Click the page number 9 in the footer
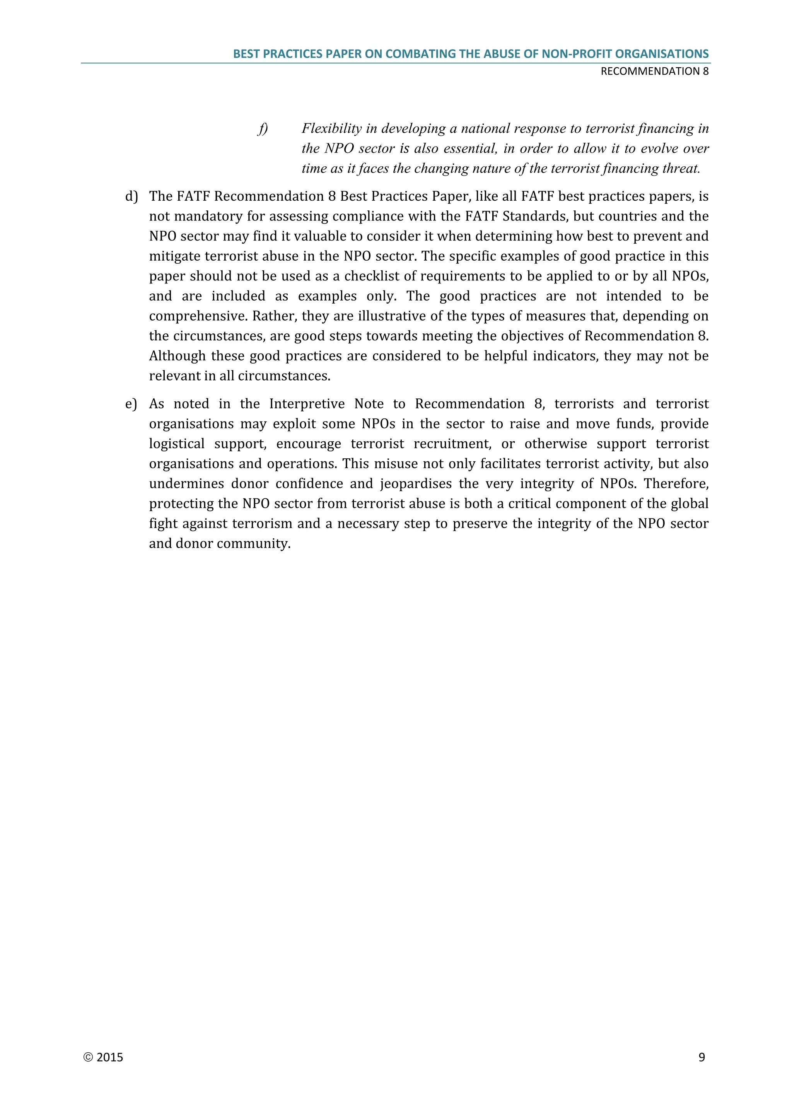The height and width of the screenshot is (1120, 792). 701,1057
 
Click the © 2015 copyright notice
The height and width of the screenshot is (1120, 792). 103,1057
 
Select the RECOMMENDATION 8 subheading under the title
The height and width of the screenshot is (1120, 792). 654,71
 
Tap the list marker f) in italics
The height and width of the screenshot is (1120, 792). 263,129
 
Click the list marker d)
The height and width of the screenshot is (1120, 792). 131,196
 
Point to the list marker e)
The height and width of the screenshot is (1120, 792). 131,404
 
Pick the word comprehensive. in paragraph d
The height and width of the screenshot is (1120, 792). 198,316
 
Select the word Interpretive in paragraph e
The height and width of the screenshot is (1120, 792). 306,404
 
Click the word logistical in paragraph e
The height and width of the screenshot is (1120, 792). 177,444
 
